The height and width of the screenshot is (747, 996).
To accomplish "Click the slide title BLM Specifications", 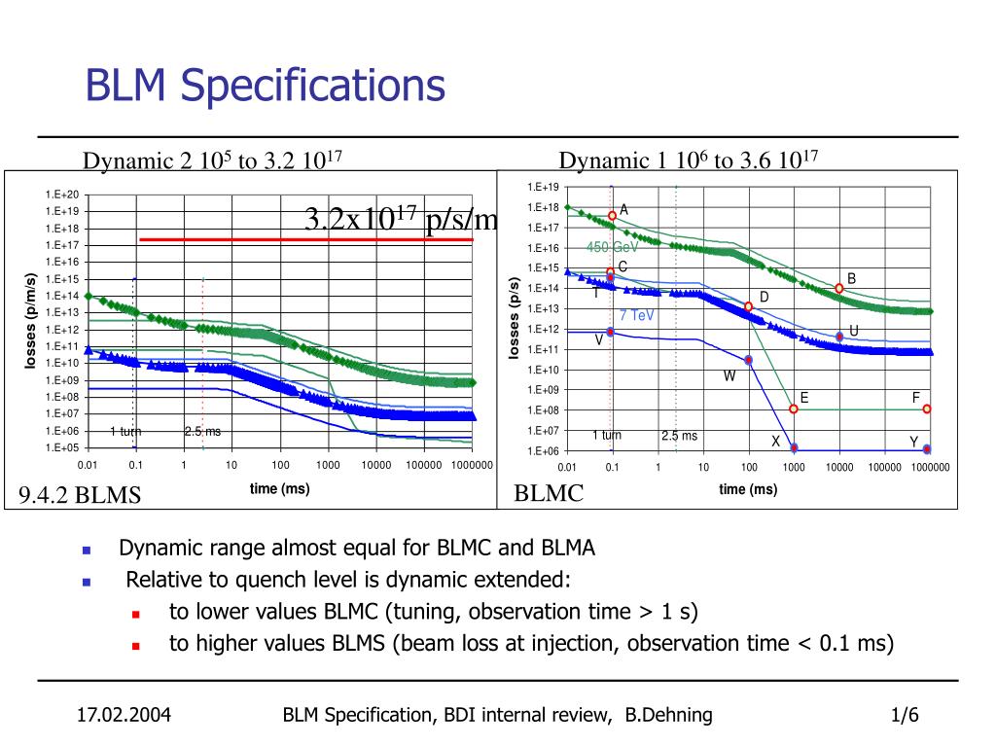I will click(x=265, y=86).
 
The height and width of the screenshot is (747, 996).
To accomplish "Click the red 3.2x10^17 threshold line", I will click(x=305, y=238).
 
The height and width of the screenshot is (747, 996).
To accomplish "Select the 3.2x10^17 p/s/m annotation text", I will click(x=401, y=220).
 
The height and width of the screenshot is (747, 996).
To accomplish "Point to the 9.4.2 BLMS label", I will click(x=80, y=496).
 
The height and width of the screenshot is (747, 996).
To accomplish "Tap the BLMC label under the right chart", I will click(x=549, y=493).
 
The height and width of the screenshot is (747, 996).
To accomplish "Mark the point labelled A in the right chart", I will click(x=612, y=216).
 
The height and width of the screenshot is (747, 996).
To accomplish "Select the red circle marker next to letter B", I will click(x=838, y=288).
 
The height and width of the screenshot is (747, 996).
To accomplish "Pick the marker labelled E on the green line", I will click(x=794, y=409).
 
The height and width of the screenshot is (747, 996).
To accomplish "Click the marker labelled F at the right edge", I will click(x=927, y=409).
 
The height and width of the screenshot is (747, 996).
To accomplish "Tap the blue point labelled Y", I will click(x=927, y=449).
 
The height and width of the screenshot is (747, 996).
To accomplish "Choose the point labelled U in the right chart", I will click(x=839, y=337).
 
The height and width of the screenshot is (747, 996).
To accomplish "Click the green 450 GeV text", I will click(x=612, y=247).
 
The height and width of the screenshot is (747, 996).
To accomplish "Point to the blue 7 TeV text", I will click(x=637, y=315).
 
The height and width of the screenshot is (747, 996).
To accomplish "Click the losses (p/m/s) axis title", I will click(x=30, y=321).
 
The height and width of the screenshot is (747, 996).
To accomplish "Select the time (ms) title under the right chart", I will click(x=748, y=489).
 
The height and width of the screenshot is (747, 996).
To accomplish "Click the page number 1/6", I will click(x=905, y=716).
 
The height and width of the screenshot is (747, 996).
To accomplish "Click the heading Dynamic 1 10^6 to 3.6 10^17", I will click(x=692, y=160).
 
